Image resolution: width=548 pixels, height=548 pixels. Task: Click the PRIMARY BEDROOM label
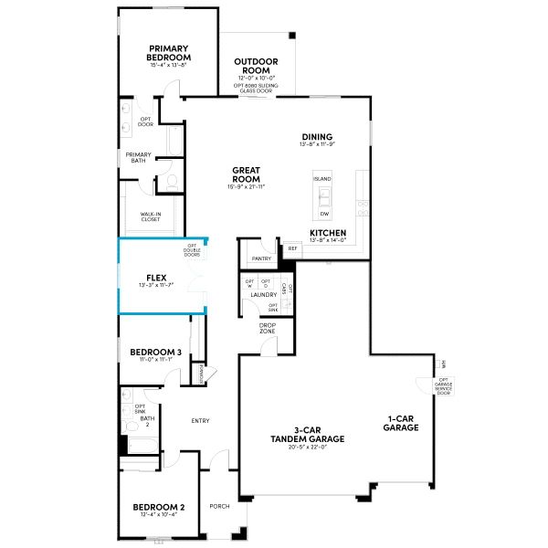point(169,52)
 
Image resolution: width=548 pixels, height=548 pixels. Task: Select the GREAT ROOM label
point(247,174)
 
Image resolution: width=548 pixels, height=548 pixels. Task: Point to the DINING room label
point(317,137)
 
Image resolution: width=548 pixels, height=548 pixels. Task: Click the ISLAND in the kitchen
point(323,179)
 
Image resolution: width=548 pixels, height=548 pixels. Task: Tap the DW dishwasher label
point(324,214)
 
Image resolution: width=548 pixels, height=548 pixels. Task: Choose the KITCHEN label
point(327,234)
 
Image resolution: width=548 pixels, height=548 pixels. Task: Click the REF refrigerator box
point(293,248)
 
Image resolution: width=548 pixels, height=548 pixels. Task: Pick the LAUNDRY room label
point(263,295)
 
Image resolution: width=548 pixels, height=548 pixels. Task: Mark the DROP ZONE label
point(268,328)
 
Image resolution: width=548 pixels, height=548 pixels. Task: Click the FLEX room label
point(155,277)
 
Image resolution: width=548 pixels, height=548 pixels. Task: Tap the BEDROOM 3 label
point(155,352)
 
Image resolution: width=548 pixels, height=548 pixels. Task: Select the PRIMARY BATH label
point(139,157)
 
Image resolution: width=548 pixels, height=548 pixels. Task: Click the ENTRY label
point(201,421)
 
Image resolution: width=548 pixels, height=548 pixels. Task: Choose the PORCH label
point(220,505)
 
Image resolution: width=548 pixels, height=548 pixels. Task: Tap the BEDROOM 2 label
point(158,507)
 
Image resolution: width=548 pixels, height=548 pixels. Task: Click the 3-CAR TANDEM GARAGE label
point(306,436)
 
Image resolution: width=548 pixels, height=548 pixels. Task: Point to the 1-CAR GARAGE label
point(401,424)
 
